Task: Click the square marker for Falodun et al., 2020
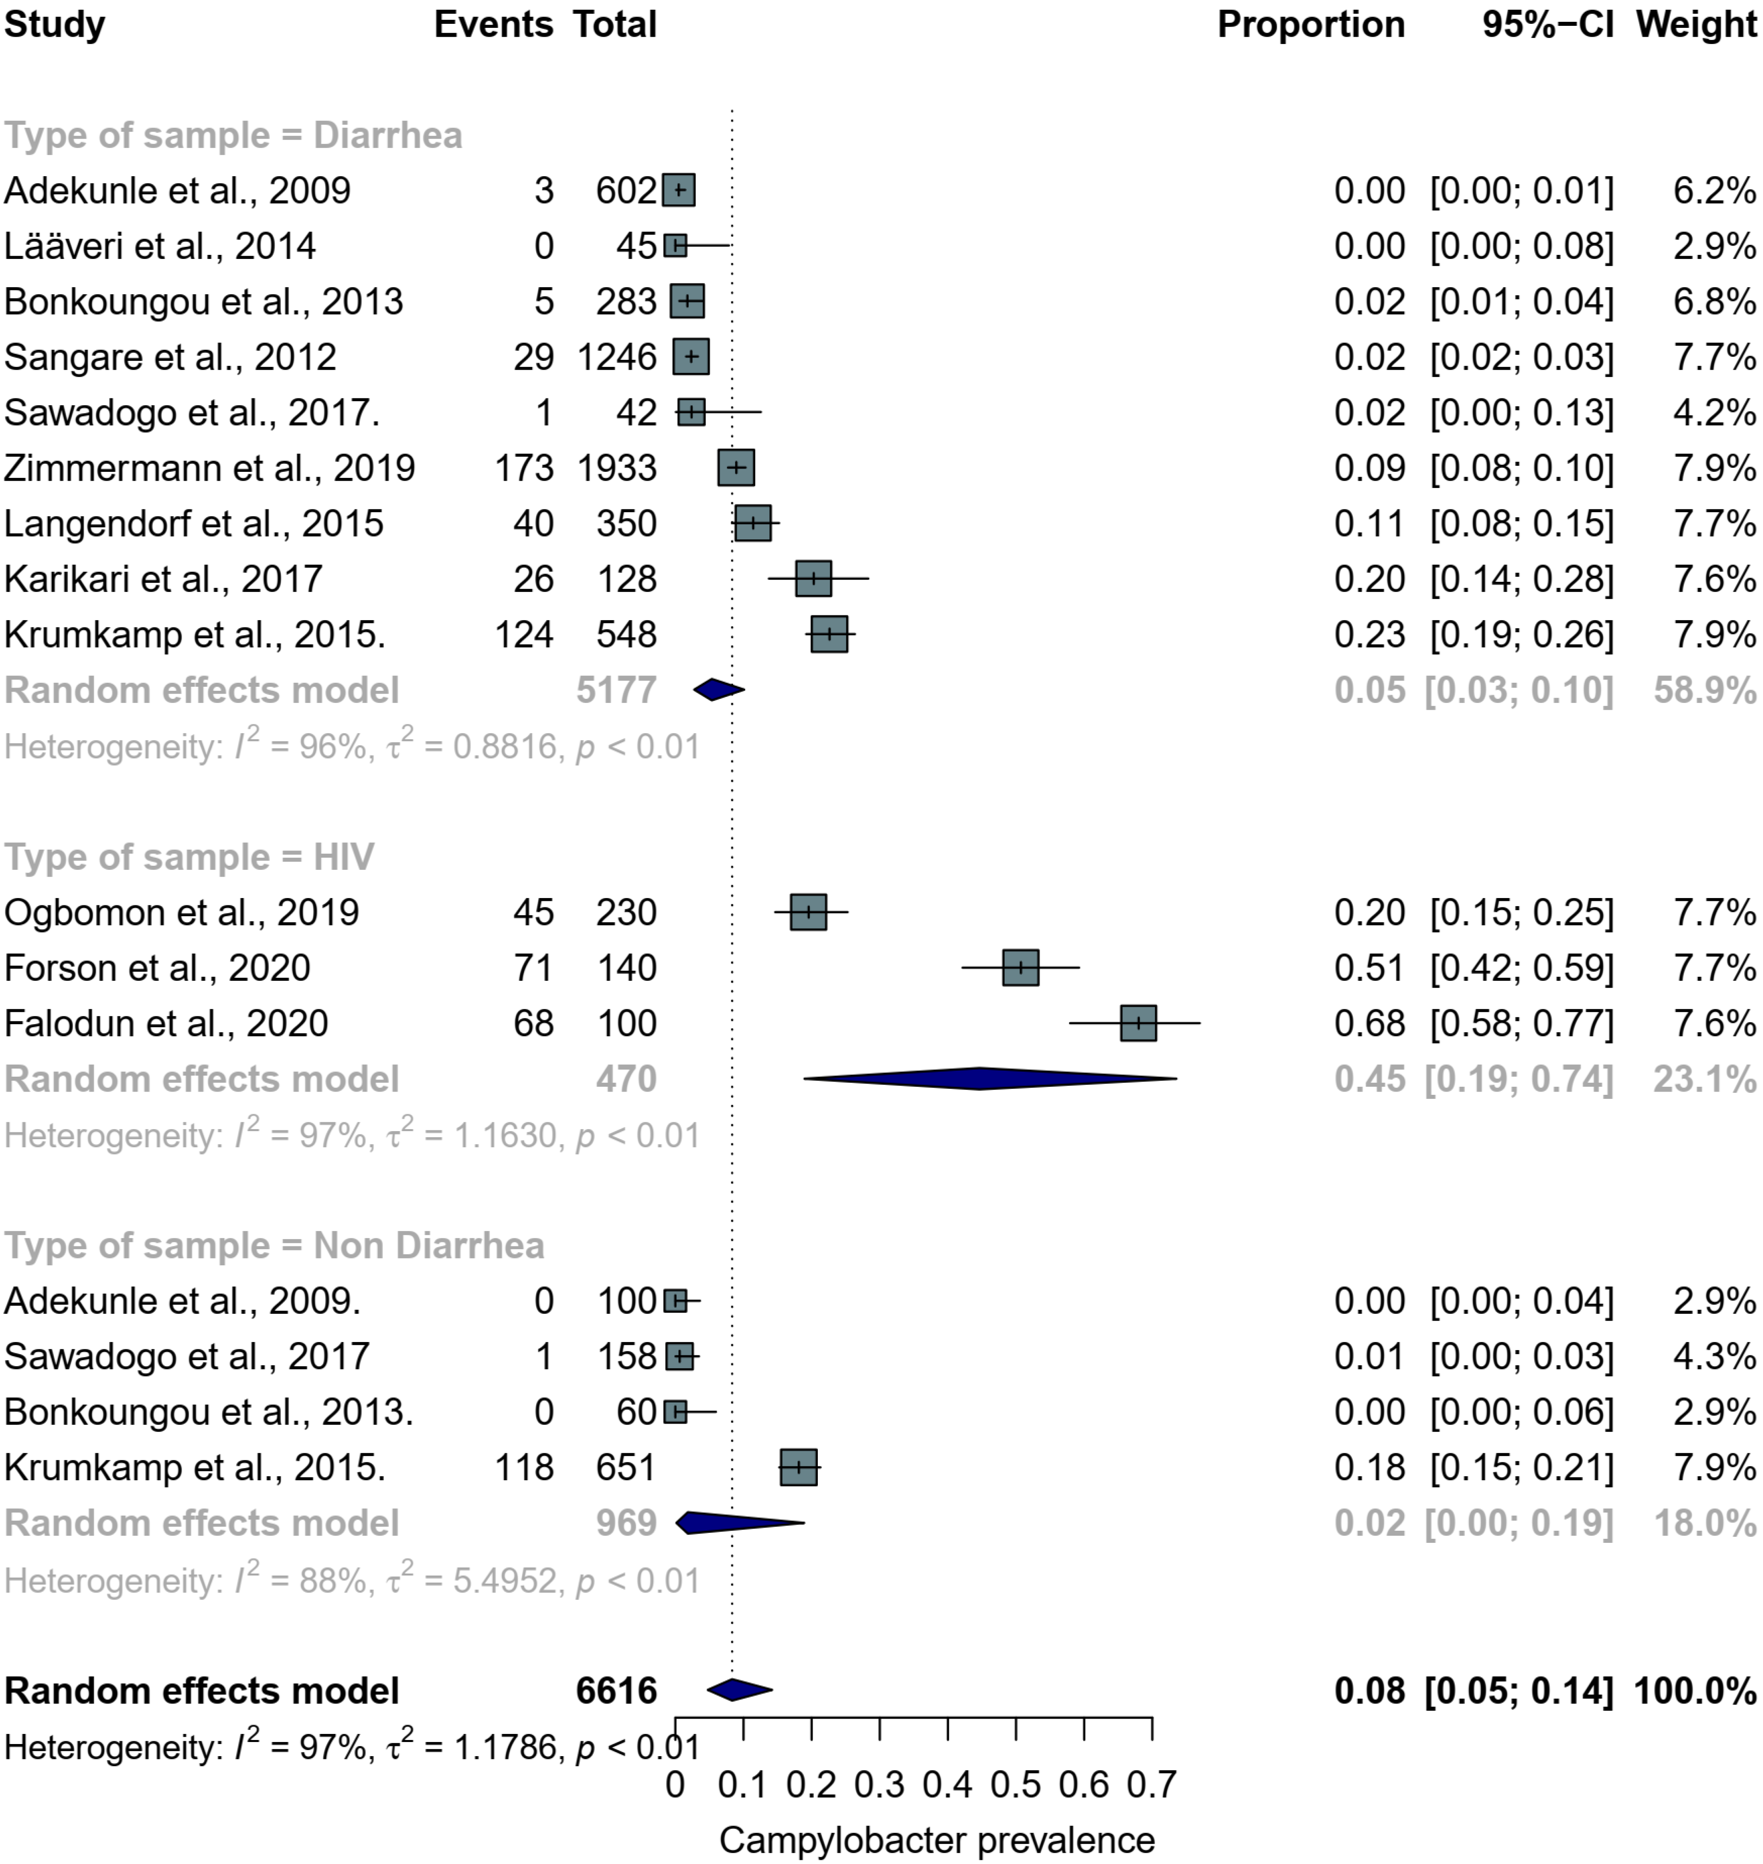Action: point(1138,1023)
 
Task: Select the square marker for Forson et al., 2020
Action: point(1021,968)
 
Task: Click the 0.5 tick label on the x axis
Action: point(1016,1784)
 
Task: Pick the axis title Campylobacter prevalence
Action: point(937,1840)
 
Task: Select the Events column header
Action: point(493,24)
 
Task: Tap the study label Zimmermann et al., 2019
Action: point(210,468)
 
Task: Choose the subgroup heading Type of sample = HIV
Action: point(189,857)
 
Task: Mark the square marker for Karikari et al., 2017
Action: point(813,579)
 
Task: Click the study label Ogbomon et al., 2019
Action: point(181,912)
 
